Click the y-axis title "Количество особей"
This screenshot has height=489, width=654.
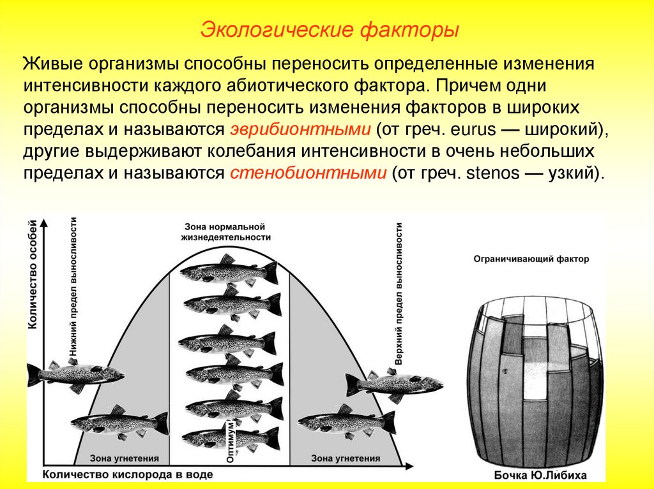click(x=32, y=275)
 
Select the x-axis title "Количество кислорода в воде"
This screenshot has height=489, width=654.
click(x=128, y=476)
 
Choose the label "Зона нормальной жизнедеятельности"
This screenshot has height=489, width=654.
click(x=224, y=231)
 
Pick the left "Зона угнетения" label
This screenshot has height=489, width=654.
click(x=121, y=458)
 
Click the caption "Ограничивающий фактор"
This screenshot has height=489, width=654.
click(x=531, y=259)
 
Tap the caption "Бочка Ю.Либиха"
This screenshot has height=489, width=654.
click(x=540, y=476)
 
